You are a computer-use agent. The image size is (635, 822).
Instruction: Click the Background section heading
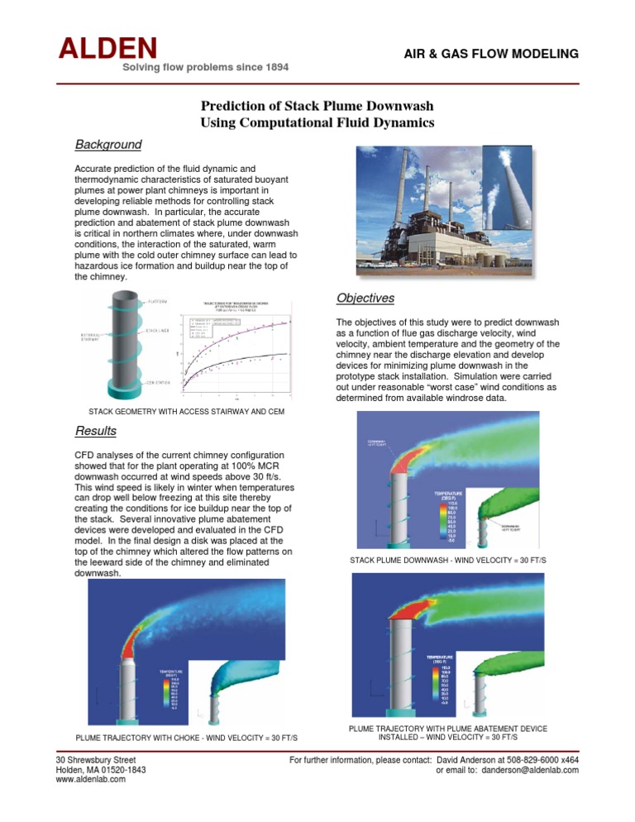click(107, 145)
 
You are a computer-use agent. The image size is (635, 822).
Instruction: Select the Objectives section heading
click(365, 298)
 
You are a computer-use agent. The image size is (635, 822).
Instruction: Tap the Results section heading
click(95, 431)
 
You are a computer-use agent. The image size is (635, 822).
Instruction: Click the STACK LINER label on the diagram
click(159, 331)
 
